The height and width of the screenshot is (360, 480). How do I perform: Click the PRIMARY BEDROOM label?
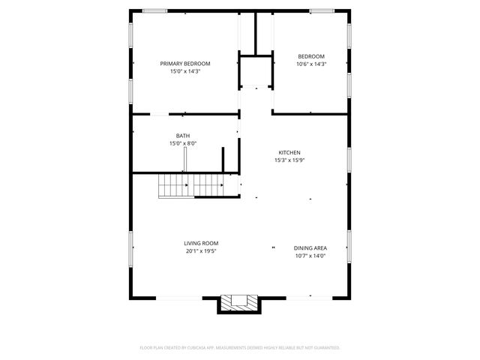pyautogui.click(x=184, y=64)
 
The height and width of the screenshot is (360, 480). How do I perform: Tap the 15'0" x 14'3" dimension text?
pyautogui.click(x=184, y=72)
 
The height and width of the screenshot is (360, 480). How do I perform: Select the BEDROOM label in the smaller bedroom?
pyautogui.click(x=310, y=56)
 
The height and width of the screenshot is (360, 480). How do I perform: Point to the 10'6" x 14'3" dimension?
pyautogui.click(x=310, y=64)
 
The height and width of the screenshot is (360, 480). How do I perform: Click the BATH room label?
pyautogui.click(x=183, y=136)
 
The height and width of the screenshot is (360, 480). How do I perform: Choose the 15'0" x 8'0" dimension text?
pyautogui.click(x=183, y=144)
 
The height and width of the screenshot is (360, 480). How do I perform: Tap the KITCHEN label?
pyautogui.click(x=290, y=151)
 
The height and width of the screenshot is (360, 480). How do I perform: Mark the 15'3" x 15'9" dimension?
pyautogui.click(x=290, y=160)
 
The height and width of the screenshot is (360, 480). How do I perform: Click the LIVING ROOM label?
pyautogui.click(x=201, y=243)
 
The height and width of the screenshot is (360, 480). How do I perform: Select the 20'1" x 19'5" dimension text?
pyautogui.click(x=201, y=251)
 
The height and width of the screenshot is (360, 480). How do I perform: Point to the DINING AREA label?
pyautogui.click(x=310, y=248)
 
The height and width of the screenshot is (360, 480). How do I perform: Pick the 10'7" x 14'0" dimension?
pyautogui.click(x=310, y=256)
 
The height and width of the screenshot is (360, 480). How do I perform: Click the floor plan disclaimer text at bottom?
pyautogui.click(x=240, y=348)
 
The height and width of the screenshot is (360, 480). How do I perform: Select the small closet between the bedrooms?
pyautogui.click(x=256, y=72)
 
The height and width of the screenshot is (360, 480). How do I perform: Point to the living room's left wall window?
pyautogui.click(x=131, y=244)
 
